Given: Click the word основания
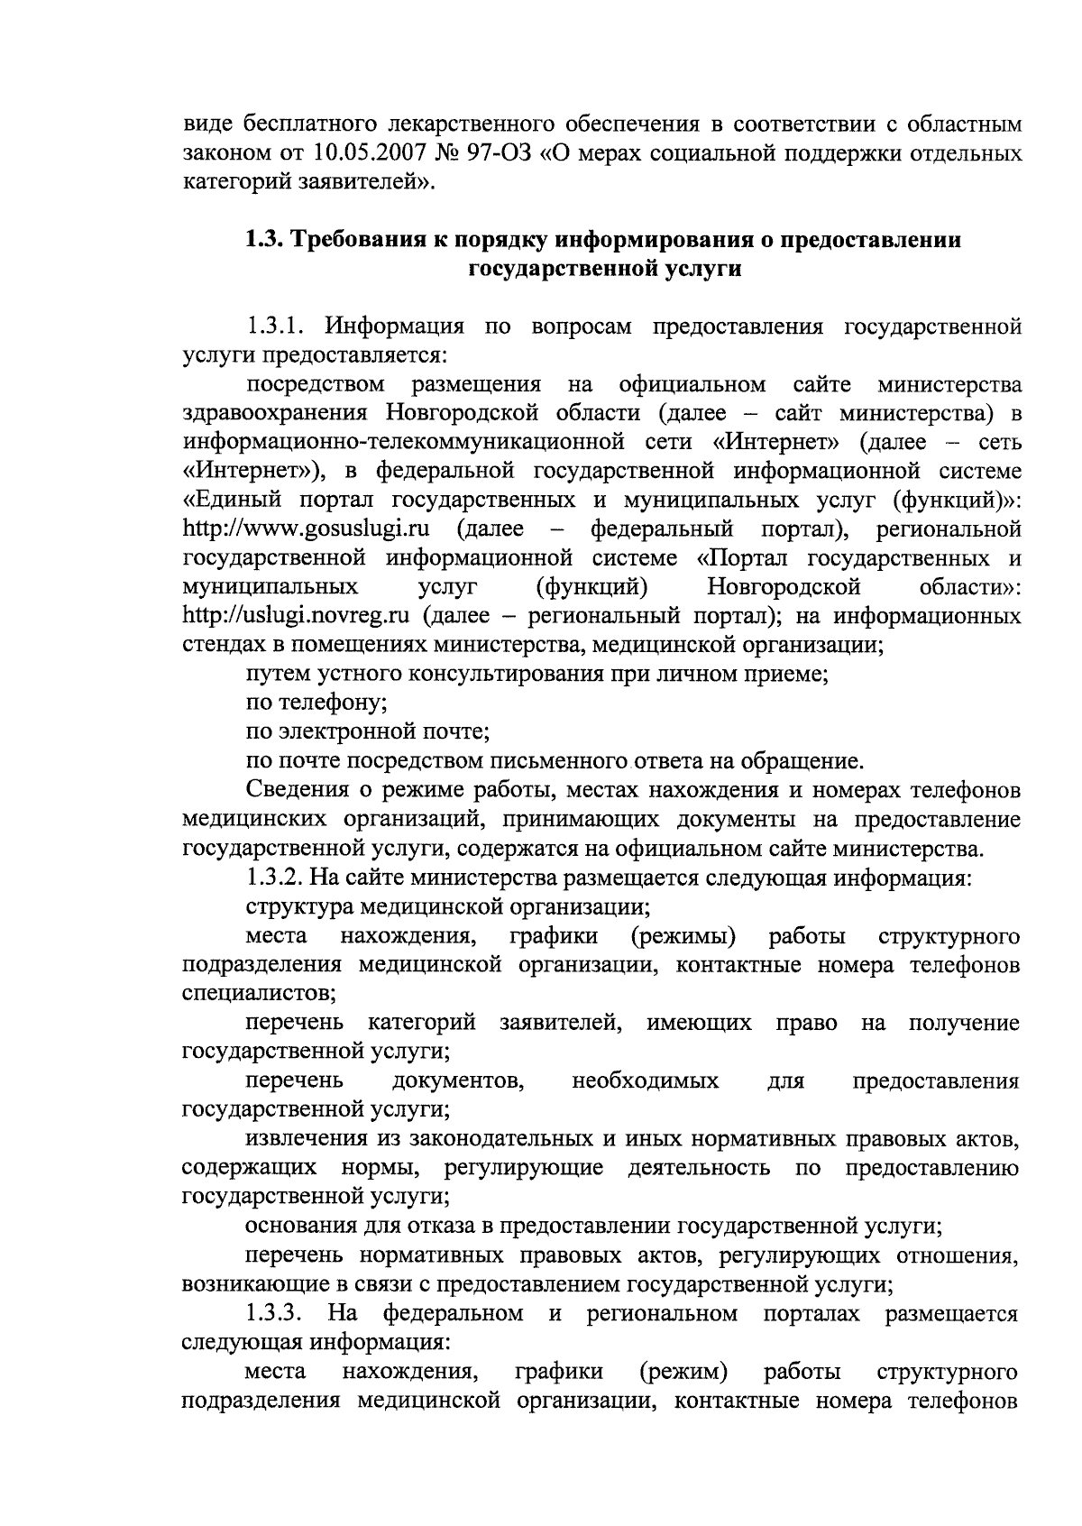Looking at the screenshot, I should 300,1227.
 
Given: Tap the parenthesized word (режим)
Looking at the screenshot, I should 683,1373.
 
